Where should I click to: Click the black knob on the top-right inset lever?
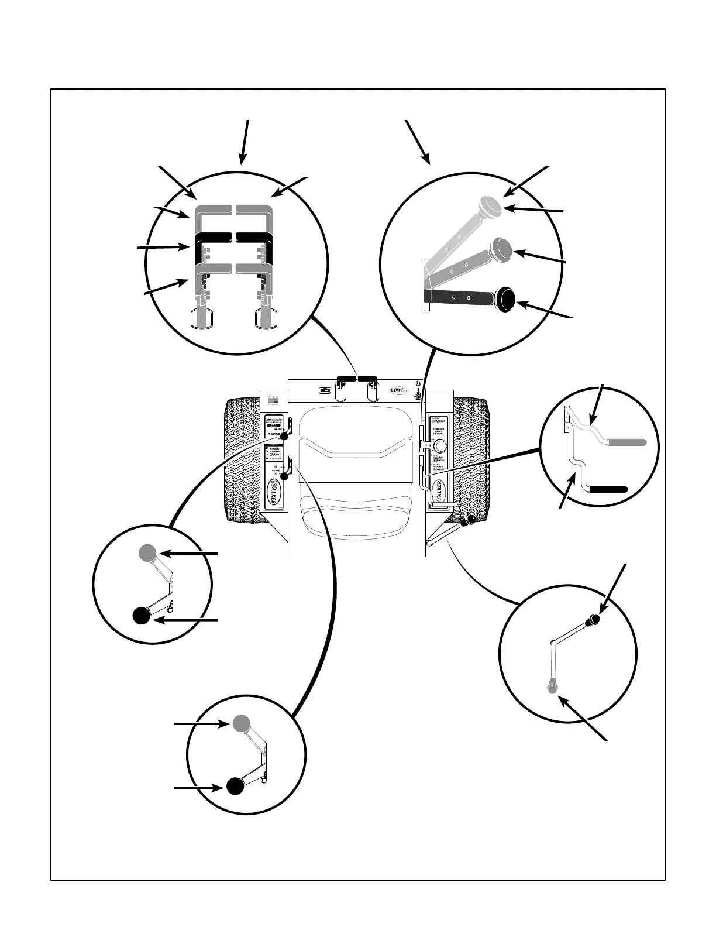505,299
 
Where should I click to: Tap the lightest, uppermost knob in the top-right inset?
490,205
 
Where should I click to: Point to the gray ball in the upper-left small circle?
147,552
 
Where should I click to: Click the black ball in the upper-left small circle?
140,616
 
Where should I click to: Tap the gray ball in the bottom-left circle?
242,723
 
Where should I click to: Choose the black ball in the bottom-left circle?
235,786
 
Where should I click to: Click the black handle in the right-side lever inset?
608,489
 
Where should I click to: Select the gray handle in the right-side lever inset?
627,442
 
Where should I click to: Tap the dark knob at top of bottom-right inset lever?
595,619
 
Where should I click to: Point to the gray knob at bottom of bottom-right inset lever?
551,686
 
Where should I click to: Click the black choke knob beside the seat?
284,476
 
